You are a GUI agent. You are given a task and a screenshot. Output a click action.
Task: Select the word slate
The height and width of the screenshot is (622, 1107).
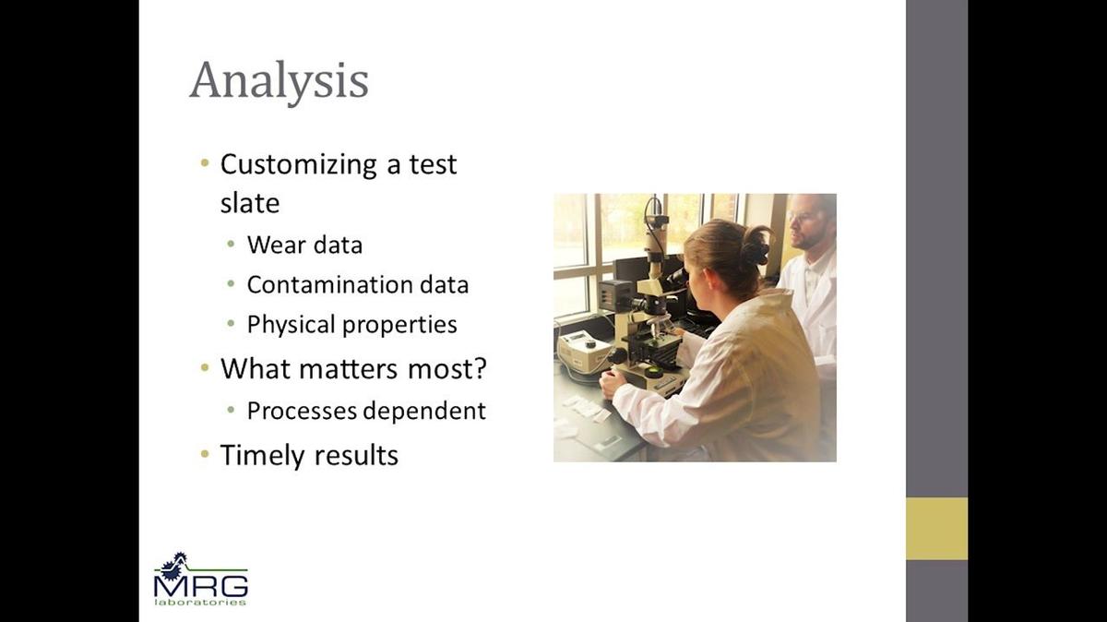click(250, 203)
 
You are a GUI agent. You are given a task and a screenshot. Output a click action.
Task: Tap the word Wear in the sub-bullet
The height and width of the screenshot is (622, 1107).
click(274, 245)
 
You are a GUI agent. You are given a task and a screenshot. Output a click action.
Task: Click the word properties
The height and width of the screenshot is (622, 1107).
click(399, 326)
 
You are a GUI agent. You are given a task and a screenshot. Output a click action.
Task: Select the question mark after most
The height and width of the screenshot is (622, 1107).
click(480, 368)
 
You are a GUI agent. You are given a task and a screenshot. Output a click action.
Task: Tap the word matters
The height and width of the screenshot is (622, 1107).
click(348, 369)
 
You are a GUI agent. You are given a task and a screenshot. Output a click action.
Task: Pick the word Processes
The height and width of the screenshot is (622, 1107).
click(302, 411)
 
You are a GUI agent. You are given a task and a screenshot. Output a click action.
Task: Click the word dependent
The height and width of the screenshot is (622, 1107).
click(424, 412)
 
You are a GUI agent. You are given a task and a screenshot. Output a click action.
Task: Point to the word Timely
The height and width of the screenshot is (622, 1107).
click(262, 456)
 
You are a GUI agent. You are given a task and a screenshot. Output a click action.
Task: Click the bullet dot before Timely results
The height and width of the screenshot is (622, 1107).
click(205, 453)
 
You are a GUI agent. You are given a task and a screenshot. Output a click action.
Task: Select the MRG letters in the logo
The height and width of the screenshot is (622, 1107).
click(201, 586)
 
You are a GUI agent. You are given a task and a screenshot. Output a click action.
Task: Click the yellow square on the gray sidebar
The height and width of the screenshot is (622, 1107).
click(936, 529)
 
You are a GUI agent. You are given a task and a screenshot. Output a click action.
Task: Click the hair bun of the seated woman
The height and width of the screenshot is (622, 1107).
click(756, 245)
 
